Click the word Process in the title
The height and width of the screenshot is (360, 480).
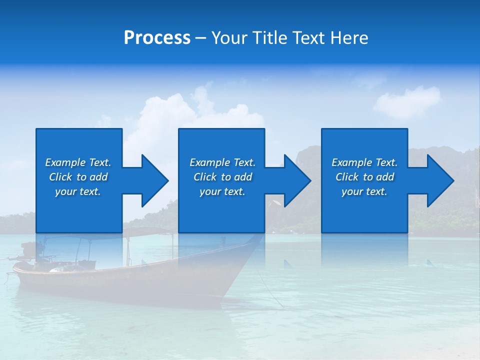[x=157, y=38]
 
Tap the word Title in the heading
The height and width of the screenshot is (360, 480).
[x=270, y=38]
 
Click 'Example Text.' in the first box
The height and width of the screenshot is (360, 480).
[x=78, y=162]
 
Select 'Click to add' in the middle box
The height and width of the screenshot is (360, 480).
[x=222, y=177]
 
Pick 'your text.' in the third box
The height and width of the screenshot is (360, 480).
[x=364, y=191]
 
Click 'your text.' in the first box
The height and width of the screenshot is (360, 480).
[x=78, y=191]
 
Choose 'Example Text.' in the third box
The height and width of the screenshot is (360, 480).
[x=364, y=162]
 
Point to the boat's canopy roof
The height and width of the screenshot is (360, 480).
[x=145, y=231]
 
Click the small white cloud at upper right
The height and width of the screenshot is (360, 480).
[x=407, y=101]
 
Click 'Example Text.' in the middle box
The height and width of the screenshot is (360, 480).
[x=222, y=162]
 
